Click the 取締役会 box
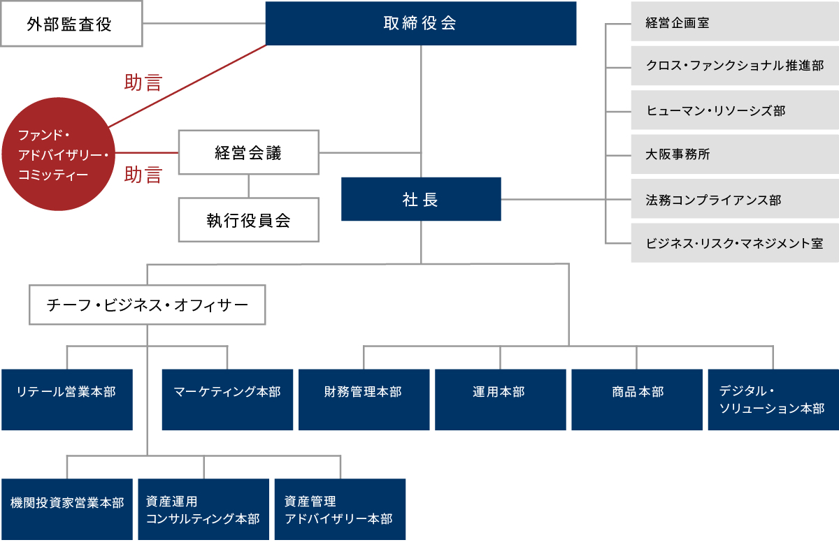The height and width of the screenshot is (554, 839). click(x=421, y=23)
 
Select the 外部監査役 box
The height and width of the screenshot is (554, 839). click(x=71, y=24)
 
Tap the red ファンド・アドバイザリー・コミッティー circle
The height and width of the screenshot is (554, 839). click(x=57, y=154)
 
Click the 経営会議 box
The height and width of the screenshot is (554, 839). click(x=249, y=152)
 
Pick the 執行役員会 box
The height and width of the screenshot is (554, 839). click(x=249, y=220)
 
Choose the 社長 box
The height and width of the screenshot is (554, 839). click(x=421, y=199)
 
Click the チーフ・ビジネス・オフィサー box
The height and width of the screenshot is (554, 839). click(x=148, y=305)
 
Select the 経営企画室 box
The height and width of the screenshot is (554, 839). click(x=735, y=23)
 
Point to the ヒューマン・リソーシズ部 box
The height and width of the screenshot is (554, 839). click(x=735, y=110)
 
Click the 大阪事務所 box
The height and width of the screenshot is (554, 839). click(x=735, y=154)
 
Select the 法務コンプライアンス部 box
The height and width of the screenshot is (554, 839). click(x=735, y=200)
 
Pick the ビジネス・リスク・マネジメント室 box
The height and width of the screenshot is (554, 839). click(x=735, y=243)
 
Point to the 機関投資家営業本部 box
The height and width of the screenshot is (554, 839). click(x=67, y=509)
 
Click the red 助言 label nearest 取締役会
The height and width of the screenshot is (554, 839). click(x=143, y=83)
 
